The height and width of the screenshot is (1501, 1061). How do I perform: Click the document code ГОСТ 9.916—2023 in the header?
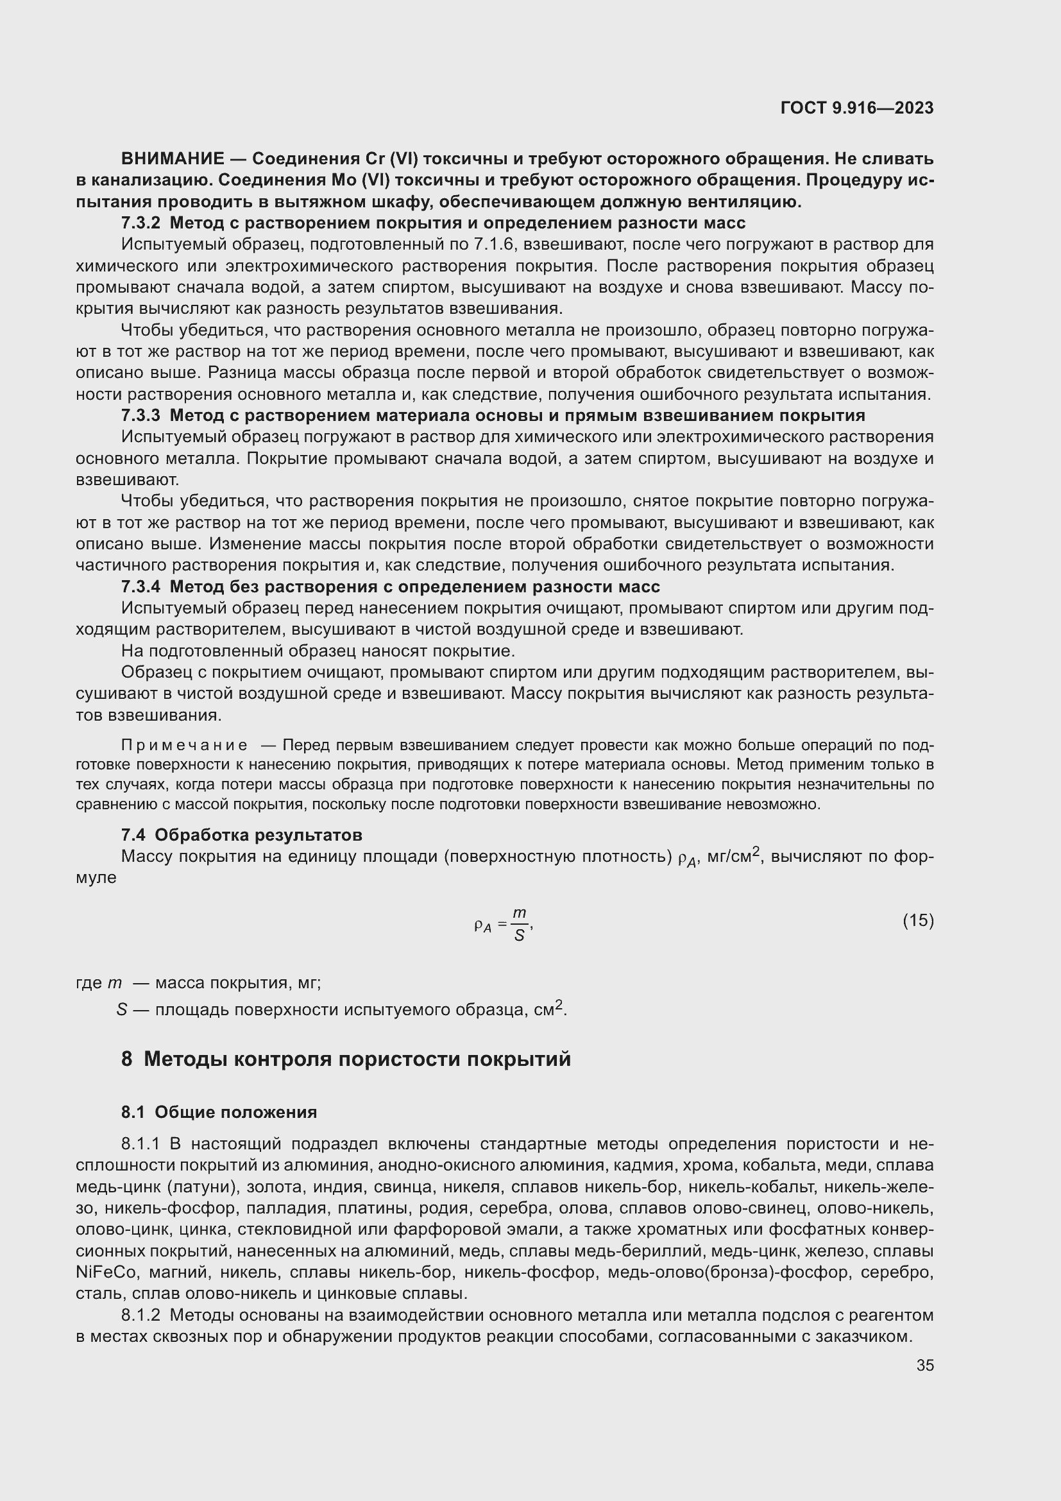pos(856,108)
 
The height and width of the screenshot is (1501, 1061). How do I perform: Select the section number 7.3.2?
pos(140,223)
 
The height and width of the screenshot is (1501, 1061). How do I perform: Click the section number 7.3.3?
pos(140,416)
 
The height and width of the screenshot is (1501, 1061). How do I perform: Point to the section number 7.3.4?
pos(140,587)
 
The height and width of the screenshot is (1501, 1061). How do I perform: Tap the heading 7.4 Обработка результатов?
pos(241,835)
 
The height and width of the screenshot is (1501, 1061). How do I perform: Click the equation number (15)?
pos(918,921)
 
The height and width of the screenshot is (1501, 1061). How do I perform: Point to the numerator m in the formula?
pos(520,913)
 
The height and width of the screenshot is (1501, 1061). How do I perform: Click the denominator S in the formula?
pos(520,936)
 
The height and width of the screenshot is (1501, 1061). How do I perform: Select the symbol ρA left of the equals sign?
pos(482,926)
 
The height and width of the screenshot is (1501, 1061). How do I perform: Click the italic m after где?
pos(114,983)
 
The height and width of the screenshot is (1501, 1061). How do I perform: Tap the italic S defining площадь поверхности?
pos(121,1010)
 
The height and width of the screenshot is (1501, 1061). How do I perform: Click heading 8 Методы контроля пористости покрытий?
pos(346,1058)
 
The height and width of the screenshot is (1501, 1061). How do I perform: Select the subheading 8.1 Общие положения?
pos(219,1112)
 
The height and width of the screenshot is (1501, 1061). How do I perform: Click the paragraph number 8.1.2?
pos(140,1316)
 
